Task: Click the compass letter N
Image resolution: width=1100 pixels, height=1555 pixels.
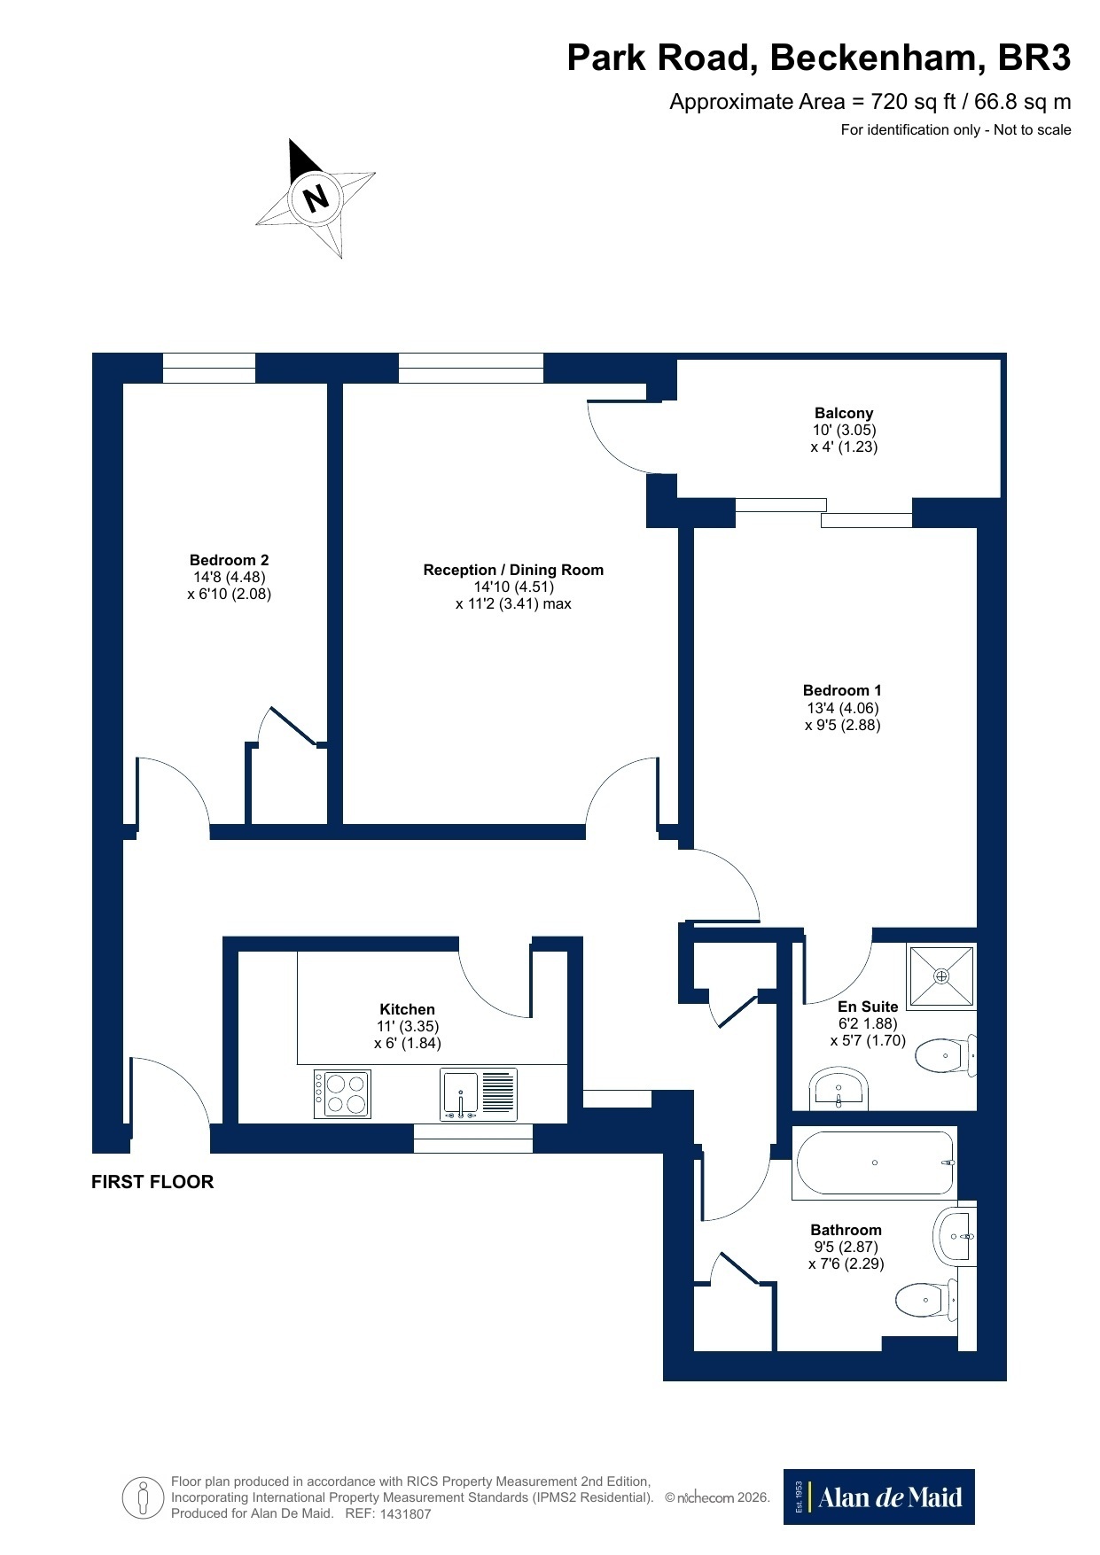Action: tap(316, 197)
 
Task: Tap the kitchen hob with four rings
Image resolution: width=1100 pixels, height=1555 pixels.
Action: tap(342, 1094)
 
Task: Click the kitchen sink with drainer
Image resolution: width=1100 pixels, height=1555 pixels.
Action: tap(479, 1095)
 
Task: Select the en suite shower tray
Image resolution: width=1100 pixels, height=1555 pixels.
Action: tap(941, 976)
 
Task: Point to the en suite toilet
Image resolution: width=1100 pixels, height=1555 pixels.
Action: tap(945, 1055)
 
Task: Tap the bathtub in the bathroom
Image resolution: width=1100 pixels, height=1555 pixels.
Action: tap(875, 1162)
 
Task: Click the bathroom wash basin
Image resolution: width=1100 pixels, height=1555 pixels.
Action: tap(955, 1235)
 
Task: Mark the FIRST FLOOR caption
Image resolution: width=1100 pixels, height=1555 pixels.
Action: tap(152, 1182)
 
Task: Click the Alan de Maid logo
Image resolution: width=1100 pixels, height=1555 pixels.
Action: tap(878, 1497)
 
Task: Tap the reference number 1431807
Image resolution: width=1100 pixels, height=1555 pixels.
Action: tap(405, 1514)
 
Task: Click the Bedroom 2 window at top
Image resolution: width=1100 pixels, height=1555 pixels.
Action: tap(209, 368)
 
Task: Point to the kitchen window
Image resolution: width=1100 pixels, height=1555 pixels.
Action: tap(473, 1139)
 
